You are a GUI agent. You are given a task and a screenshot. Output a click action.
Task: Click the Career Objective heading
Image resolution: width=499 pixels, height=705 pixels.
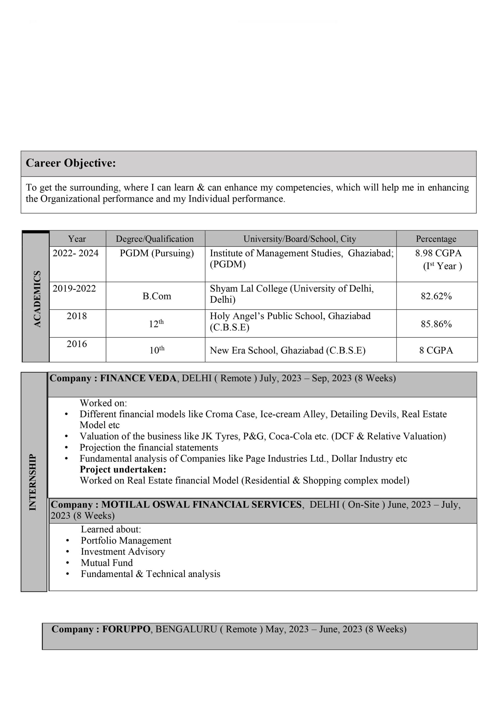(x=71, y=163)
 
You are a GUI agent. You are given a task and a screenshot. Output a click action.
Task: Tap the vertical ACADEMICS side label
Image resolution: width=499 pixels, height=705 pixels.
(x=37, y=299)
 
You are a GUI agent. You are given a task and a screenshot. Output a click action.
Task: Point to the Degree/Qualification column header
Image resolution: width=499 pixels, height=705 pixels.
(x=155, y=238)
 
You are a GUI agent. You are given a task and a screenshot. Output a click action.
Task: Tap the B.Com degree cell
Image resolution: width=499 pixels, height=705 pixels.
(x=157, y=296)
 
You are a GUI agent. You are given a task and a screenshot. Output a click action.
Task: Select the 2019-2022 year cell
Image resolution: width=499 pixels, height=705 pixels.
(x=74, y=288)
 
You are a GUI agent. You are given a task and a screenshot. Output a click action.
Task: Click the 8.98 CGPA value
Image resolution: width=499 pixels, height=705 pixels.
(x=438, y=253)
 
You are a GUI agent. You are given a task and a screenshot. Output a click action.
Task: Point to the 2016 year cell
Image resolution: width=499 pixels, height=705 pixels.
(x=77, y=344)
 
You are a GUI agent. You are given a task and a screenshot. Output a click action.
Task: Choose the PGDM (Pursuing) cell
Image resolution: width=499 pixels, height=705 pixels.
(x=157, y=253)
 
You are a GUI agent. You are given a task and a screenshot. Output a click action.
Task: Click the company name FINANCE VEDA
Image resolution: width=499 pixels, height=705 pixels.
(x=138, y=378)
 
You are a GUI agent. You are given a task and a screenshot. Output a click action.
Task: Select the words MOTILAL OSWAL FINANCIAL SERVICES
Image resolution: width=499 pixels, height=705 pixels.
(x=202, y=505)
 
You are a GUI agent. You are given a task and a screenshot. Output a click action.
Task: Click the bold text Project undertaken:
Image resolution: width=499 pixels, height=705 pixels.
(x=123, y=469)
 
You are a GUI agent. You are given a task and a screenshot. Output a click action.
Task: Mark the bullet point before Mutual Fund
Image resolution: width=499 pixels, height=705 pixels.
(x=67, y=563)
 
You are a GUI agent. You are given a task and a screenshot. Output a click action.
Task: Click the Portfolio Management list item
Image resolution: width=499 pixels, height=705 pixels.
(x=126, y=540)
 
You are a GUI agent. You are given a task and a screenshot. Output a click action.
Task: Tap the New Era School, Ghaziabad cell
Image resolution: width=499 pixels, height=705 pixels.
(x=288, y=350)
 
